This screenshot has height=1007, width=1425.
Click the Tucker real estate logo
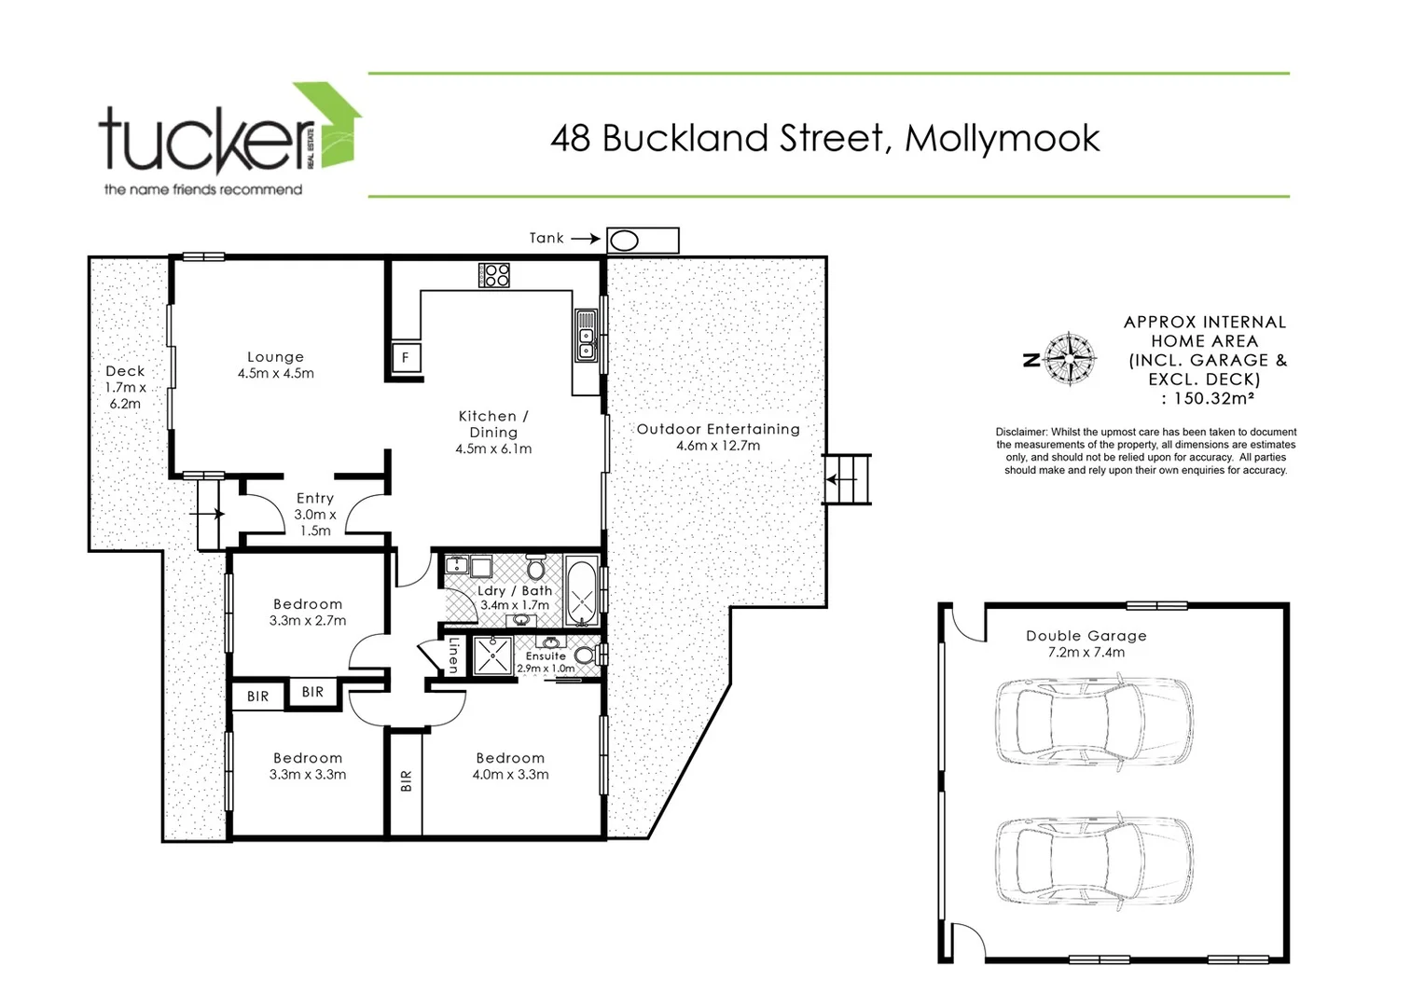228,140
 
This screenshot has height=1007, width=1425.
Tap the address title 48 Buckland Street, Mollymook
824,138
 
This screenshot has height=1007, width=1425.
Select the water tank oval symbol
623,241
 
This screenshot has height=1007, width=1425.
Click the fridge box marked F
406,357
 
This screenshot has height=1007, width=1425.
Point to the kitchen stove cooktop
494,275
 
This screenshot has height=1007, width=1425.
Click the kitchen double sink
586,337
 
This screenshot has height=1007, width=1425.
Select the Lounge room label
275,365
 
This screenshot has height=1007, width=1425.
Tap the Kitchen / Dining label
493,432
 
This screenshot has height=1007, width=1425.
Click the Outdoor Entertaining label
717,436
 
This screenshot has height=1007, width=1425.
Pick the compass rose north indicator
1068,359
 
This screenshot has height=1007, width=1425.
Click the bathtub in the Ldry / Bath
581,591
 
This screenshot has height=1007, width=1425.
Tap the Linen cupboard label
453,655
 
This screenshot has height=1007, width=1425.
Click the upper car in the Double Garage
1092,720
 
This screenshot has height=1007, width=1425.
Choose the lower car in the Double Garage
1092,861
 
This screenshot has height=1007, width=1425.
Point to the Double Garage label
1086,643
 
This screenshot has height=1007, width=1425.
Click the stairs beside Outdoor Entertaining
848,479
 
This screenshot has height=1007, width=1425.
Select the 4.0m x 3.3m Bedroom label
510,766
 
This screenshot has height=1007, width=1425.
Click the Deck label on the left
125,387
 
